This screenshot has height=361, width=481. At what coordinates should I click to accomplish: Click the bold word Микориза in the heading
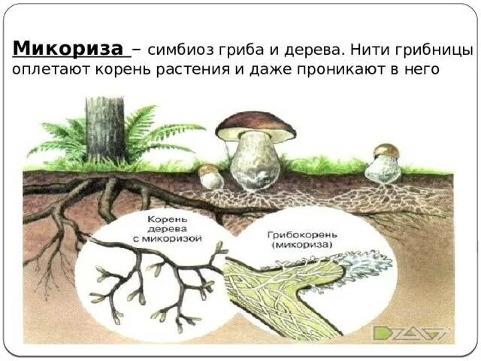coord(69,50)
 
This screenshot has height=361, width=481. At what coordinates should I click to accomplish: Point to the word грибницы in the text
coord(439,51)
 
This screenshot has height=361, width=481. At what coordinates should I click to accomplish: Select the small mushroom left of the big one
coord(211,177)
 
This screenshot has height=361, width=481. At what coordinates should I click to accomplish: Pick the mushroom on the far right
coord(384,165)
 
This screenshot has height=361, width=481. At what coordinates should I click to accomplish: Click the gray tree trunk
coord(104,129)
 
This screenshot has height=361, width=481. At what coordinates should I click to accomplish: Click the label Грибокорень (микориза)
coord(294,240)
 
